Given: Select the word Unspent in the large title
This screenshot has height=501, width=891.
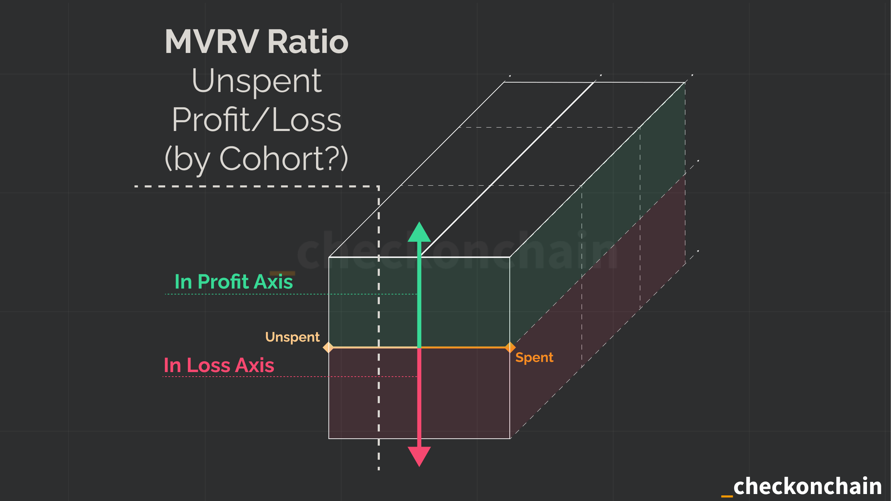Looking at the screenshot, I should coord(256,81).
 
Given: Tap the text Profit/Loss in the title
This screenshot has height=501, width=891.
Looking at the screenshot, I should coord(256,120).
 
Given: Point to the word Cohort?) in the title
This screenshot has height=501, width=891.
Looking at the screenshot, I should coord(284,159).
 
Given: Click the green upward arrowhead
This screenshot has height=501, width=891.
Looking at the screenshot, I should coord(419,233).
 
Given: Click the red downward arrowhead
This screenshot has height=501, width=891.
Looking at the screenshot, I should coord(419,456).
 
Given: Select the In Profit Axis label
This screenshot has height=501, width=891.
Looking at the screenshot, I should coord(233,282).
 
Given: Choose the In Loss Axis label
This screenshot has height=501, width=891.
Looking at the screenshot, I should coord(219,365).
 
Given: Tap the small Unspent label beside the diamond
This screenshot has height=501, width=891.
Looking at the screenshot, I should coord(292,337).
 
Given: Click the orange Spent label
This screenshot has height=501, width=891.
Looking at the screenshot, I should coord(534,357).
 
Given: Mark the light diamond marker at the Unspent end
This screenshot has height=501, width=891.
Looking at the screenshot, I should coord(328,347).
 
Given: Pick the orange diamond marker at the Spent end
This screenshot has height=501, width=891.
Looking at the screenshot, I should coord(510,347).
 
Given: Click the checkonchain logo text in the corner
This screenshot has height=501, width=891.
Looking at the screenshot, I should coord(807,486).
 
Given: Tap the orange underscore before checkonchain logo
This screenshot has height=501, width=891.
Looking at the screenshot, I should coord(727,495).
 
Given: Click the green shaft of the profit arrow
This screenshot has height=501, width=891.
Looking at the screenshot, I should coord(419,296).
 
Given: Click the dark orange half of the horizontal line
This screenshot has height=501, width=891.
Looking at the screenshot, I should coord(463,347).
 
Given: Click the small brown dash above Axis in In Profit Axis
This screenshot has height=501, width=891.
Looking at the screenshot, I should coord(282,273).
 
